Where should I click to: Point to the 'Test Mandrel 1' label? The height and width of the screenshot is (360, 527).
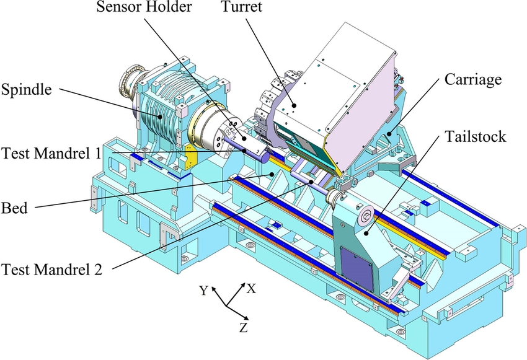pos(51,152)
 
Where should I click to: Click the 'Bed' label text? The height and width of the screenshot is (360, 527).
pos(14,208)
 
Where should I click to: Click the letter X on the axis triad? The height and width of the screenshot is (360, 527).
pos(250,288)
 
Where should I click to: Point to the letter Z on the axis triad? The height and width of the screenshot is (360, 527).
pos(244,325)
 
